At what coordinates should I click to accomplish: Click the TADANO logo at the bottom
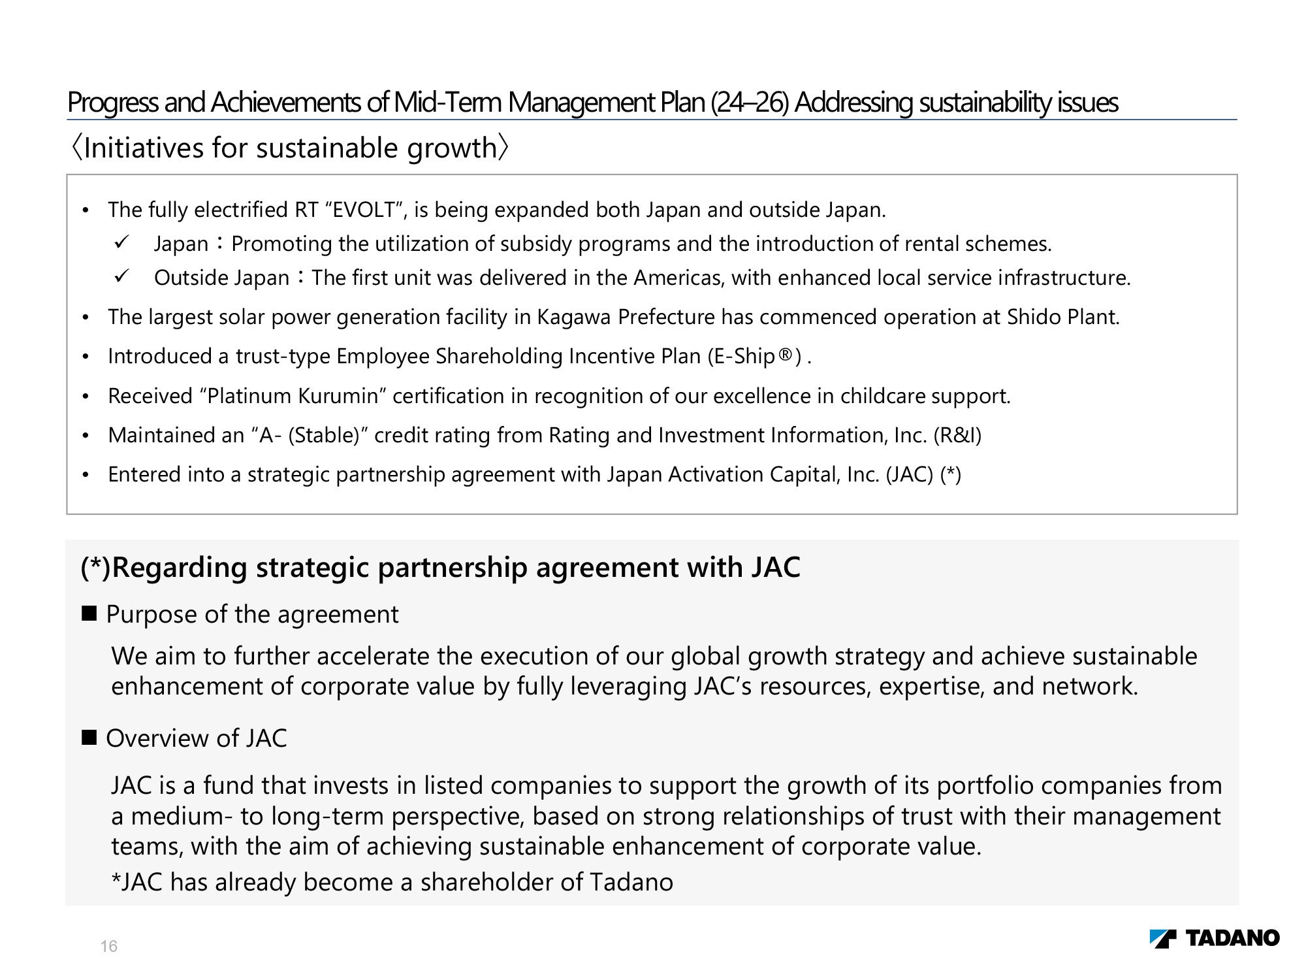1214,938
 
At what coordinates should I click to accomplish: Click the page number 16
109,946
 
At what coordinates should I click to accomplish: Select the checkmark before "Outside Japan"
121,276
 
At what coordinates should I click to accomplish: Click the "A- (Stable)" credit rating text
310,435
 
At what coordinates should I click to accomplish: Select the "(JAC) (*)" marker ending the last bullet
923,474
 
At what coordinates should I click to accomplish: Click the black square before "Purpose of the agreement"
89,613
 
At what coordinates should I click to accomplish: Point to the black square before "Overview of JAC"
89,738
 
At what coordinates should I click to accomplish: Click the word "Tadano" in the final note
631,882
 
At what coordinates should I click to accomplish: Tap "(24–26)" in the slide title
750,103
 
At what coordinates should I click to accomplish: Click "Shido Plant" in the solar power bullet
1062,317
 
